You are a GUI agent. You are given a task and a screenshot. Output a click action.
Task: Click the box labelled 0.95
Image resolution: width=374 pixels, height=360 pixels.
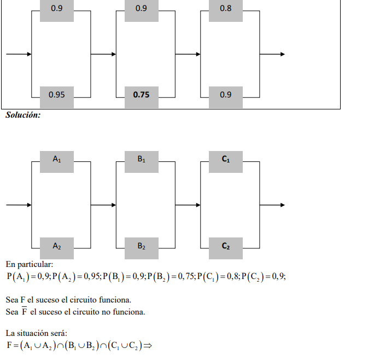(57, 95)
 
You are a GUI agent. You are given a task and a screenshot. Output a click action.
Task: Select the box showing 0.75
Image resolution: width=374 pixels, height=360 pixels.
(142, 95)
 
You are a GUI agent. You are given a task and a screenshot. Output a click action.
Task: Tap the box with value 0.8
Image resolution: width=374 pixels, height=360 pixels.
(225, 9)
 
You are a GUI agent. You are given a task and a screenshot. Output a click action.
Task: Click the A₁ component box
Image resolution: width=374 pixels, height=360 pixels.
(57, 159)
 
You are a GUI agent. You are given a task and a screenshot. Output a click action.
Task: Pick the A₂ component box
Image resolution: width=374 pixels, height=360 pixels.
(57, 246)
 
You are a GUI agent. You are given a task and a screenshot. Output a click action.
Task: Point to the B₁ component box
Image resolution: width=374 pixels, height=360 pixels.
(142, 159)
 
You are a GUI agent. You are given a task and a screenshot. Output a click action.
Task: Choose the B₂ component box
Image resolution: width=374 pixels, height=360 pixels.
(142, 246)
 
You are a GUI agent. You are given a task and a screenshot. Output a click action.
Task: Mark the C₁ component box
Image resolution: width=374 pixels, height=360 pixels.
(225, 159)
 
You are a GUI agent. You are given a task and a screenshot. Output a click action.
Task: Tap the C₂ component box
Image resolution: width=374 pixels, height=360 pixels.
(225, 246)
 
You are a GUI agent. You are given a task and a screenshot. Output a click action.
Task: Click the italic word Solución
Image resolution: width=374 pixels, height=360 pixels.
(23, 115)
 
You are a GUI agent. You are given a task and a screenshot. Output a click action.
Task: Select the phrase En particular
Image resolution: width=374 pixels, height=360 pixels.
(30, 265)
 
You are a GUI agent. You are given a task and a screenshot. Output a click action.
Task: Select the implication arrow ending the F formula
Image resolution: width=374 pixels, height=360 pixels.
(148, 346)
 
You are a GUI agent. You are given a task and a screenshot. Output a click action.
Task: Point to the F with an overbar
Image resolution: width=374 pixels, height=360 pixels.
(24, 312)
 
